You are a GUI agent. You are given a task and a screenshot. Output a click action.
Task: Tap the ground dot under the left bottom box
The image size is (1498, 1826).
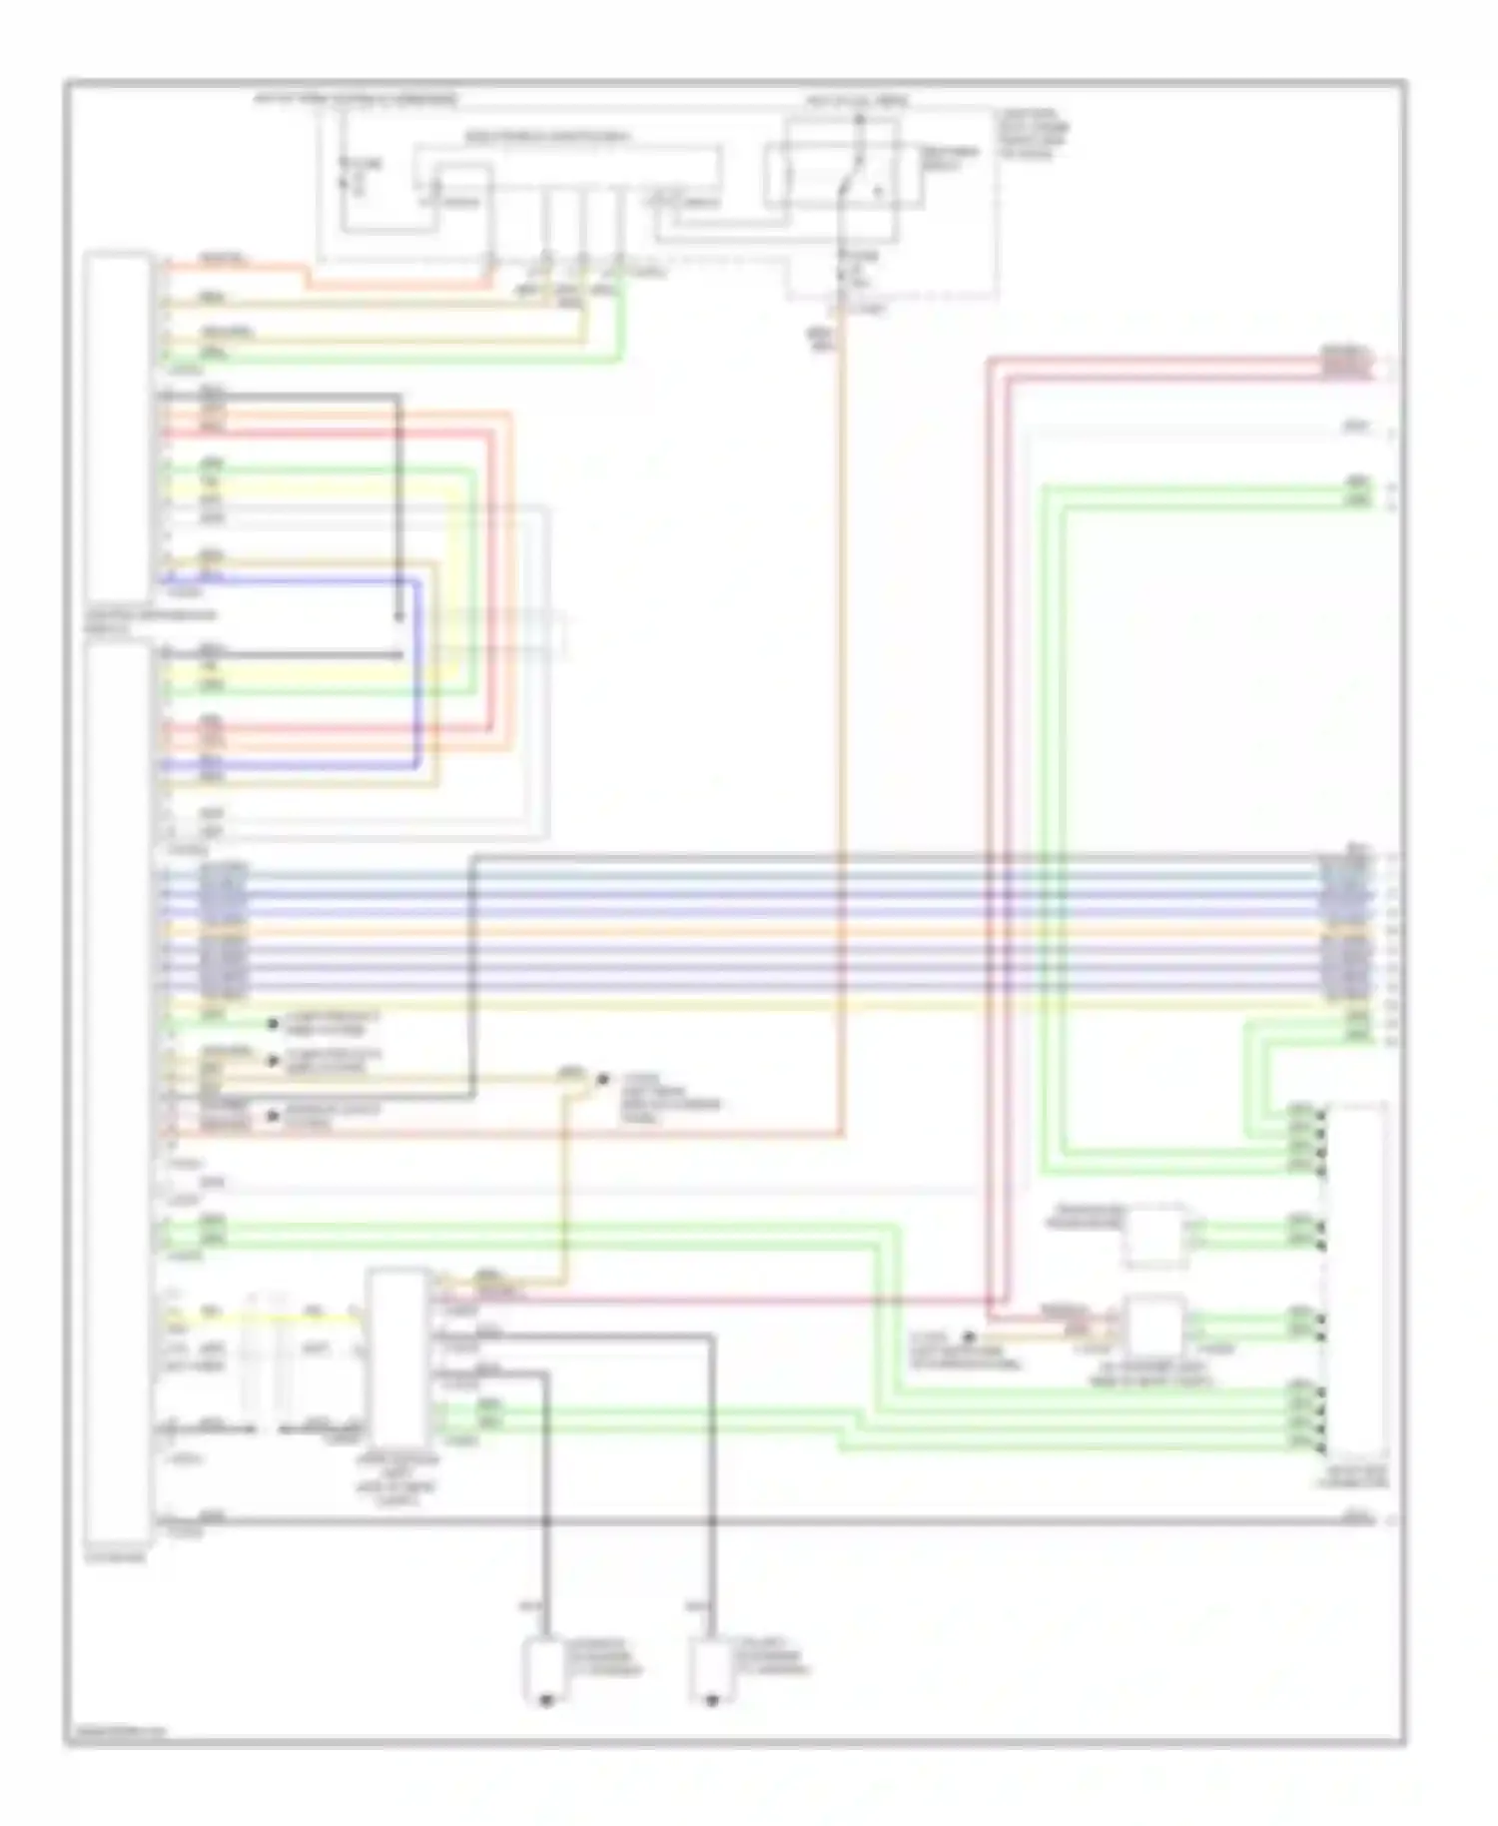tap(545, 1699)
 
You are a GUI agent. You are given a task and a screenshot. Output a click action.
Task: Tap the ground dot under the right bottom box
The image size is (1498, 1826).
tap(711, 1699)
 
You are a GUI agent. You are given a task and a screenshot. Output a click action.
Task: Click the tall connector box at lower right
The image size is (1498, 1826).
tap(1355, 1279)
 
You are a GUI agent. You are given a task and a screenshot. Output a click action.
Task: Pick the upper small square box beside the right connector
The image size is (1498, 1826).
tap(1154, 1236)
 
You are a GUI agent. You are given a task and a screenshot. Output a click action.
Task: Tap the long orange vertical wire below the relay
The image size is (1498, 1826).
tap(842, 699)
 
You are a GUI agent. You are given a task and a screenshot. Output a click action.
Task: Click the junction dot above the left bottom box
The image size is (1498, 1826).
tap(546, 1521)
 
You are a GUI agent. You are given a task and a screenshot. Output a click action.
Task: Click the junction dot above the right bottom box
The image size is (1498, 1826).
tap(712, 1521)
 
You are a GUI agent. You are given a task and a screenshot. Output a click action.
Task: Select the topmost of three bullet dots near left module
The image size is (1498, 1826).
tap(272, 1024)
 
